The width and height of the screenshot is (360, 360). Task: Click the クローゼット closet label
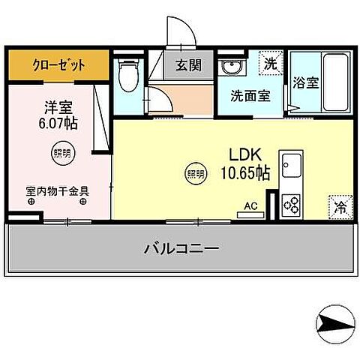click(x=58, y=65)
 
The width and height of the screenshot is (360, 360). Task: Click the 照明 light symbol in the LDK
click(x=195, y=173)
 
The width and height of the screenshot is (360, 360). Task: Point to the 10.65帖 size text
click(x=244, y=173)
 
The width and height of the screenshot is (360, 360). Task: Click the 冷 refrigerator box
click(x=338, y=205)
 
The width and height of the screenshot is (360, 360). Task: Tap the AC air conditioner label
click(x=250, y=203)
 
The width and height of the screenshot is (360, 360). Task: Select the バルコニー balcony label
click(x=181, y=248)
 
